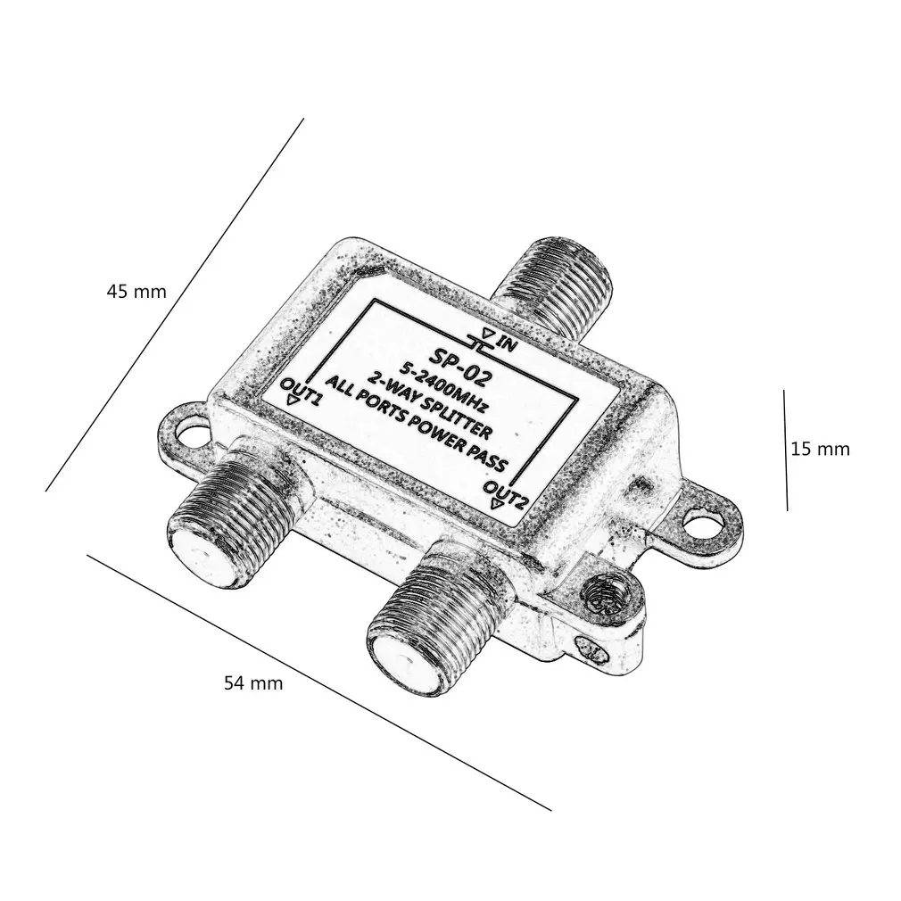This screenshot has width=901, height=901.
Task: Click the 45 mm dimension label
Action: [136, 292]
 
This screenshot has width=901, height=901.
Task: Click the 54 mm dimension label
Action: [252, 683]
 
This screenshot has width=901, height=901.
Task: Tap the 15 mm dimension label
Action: [820, 449]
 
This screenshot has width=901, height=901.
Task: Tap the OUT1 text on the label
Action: [301, 390]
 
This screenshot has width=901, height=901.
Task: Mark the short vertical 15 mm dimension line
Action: [785, 450]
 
